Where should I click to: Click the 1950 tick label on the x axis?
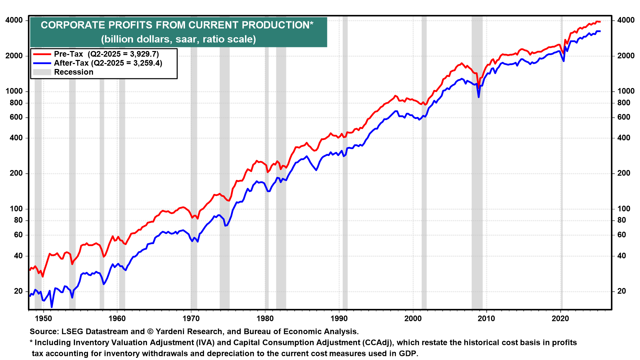(43, 319)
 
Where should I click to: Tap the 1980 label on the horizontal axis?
(265, 319)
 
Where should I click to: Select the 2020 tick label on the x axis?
(560, 319)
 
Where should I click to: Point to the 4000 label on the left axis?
(14, 20)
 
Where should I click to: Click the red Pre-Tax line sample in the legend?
(42, 54)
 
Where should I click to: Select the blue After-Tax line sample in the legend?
(42, 63)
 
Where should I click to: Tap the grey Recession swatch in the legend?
(42, 72)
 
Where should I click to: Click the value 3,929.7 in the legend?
(144, 54)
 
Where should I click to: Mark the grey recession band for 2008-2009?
(477, 200)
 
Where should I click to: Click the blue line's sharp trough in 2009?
(479, 97)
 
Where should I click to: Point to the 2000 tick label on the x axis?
(413, 319)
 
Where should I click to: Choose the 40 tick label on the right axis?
(621, 256)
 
